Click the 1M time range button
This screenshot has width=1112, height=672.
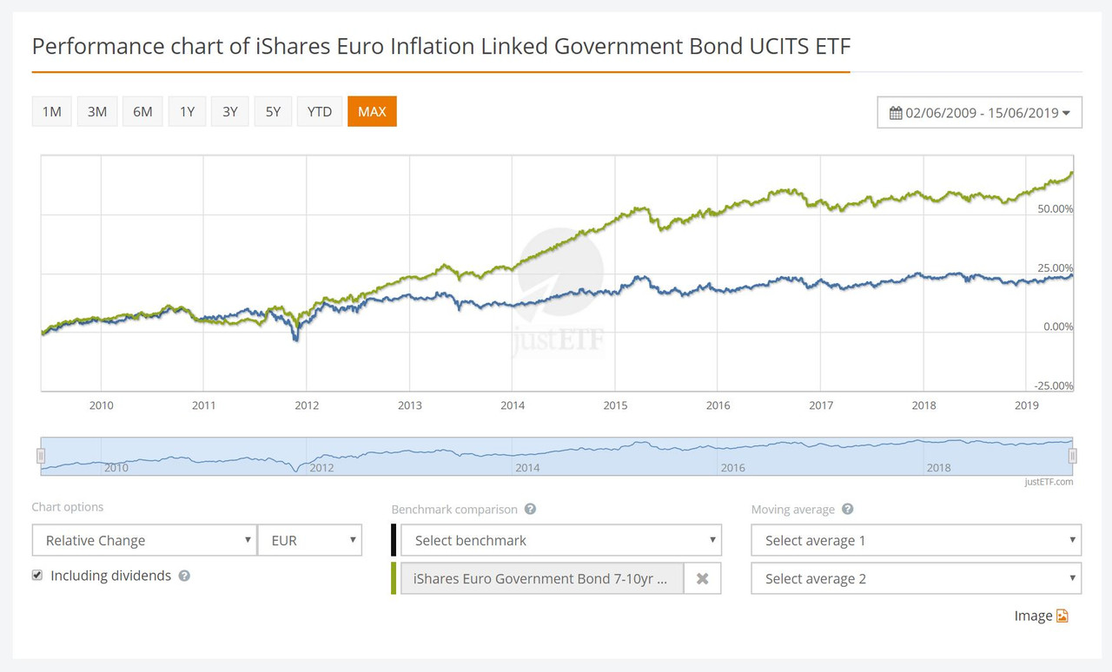point(52,111)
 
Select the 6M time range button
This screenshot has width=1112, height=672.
point(142,111)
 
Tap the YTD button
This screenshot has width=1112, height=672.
point(319,111)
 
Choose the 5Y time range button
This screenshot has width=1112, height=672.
point(273,111)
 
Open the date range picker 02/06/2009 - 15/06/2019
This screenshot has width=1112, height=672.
point(979,113)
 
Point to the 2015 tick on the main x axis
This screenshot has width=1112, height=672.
point(615,405)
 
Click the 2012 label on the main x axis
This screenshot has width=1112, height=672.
point(307,405)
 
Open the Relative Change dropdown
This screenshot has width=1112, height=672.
point(144,540)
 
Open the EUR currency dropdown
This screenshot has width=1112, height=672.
point(310,540)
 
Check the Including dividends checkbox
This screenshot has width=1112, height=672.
point(37,575)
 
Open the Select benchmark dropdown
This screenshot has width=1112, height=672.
point(560,540)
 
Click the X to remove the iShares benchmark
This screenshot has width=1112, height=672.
point(702,578)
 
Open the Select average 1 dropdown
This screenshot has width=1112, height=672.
point(916,540)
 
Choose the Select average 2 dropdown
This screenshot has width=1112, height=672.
point(916,578)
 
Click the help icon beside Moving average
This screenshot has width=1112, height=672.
point(848,510)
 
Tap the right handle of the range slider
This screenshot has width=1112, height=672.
point(1073,456)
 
